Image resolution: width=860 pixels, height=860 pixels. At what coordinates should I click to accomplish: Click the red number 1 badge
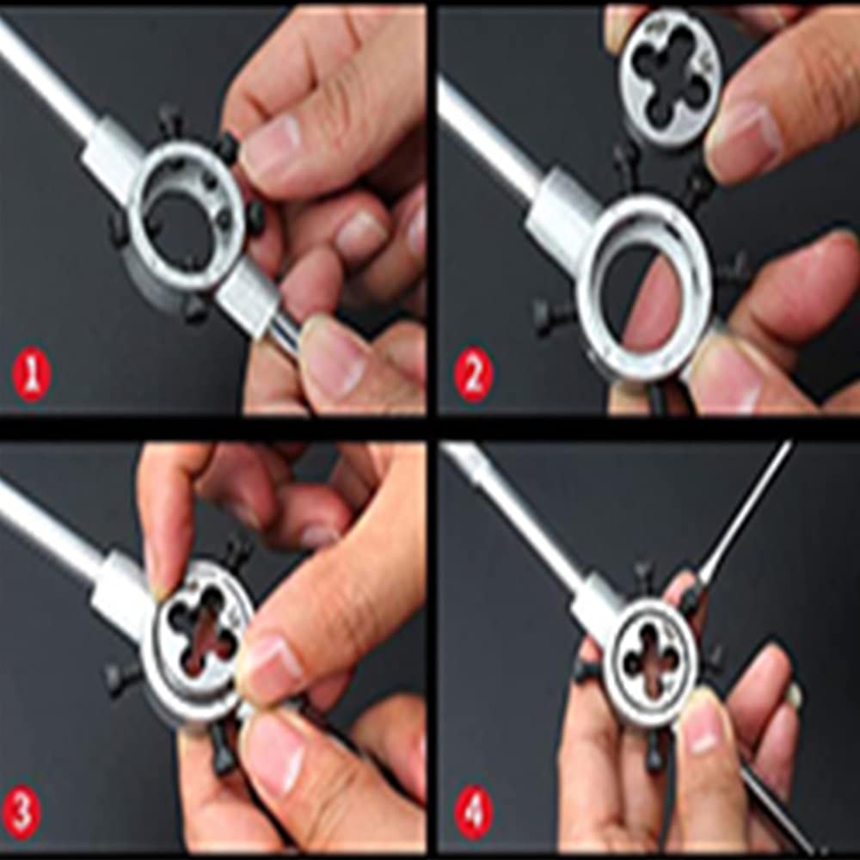[31, 377]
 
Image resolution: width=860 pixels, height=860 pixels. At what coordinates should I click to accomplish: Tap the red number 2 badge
[473, 375]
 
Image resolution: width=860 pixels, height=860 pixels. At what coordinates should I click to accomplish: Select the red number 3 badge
[22, 811]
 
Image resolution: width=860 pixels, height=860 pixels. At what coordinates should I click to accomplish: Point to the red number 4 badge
[475, 811]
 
